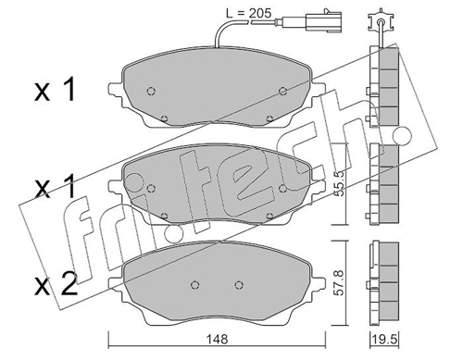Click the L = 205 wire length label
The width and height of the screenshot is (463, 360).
point(248,13)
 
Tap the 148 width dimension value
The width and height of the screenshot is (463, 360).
point(218,340)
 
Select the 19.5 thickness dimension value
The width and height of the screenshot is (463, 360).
point(384,340)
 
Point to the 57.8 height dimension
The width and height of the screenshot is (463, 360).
point(339,282)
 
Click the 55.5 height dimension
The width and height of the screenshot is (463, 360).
point(339,185)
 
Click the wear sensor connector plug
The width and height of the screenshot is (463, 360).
point(323,21)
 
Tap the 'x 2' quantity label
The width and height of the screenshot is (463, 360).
point(56,284)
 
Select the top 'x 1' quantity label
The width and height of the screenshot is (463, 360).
point(55,90)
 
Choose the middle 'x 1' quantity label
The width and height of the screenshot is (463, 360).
point(55,186)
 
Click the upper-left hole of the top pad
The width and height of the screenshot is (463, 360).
point(151,91)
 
